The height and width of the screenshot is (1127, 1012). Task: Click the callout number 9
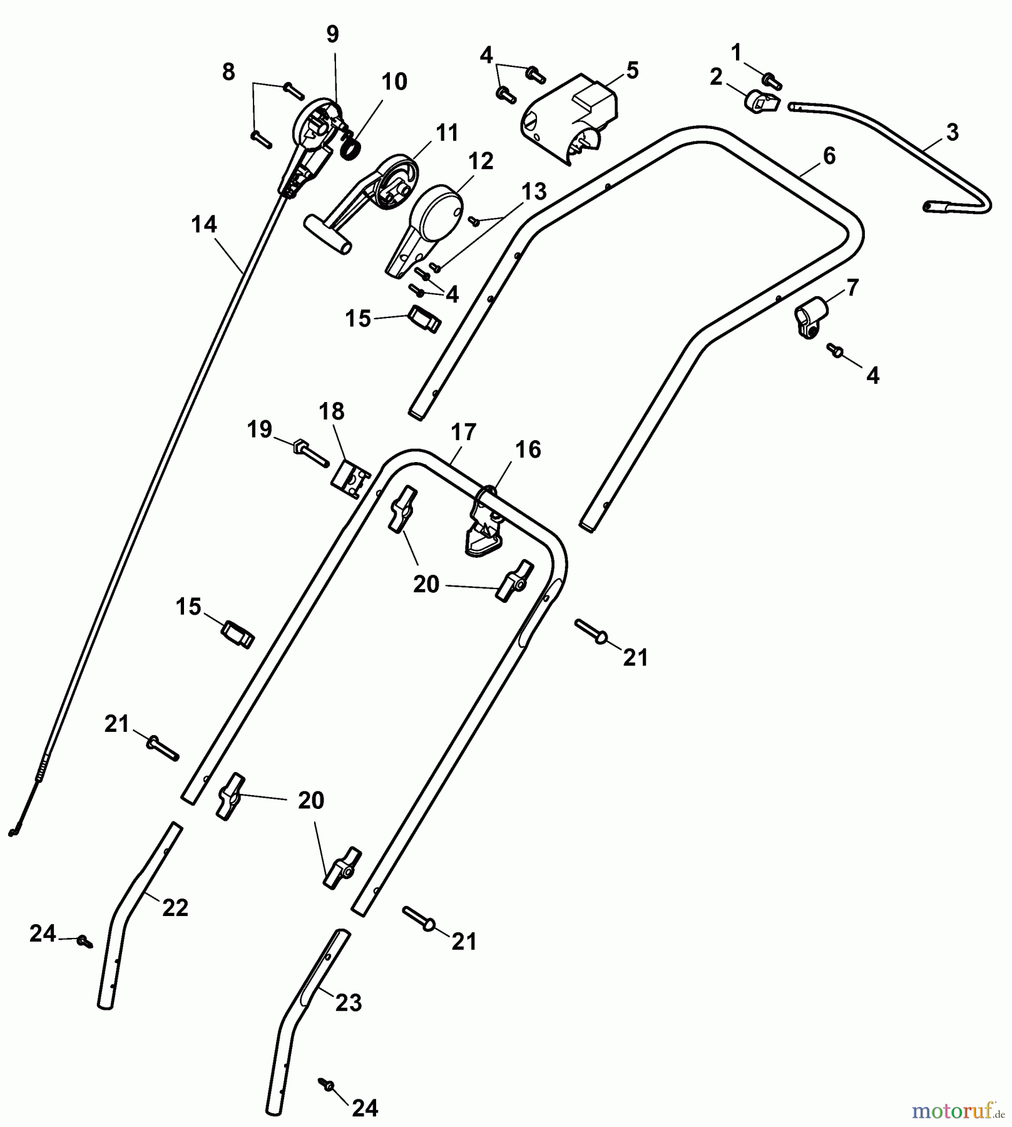click(x=332, y=34)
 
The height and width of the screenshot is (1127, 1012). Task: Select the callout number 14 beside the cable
click(x=204, y=224)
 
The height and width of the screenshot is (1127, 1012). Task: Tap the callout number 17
click(x=463, y=432)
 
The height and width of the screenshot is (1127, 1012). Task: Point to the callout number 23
click(x=349, y=1002)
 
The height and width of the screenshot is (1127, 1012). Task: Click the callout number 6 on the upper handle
click(x=829, y=155)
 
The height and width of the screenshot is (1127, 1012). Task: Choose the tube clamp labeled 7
click(x=811, y=317)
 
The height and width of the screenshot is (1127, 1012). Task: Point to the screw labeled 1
click(x=772, y=79)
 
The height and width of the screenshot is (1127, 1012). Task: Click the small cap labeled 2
click(x=759, y=101)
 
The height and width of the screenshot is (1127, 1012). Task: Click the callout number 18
click(x=331, y=411)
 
